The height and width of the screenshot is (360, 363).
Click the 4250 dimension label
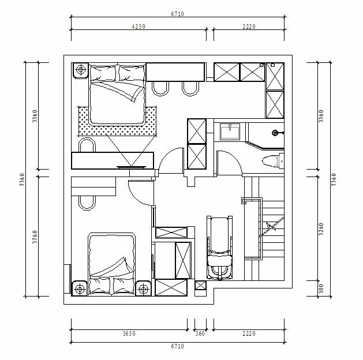coord(139,27)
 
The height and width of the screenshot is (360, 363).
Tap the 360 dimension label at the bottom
coord(200,333)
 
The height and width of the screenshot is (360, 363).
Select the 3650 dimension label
coord(129,333)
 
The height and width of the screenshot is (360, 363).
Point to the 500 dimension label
coord(321,288)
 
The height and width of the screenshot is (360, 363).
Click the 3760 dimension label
coord(35,237)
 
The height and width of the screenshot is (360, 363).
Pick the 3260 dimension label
coord(321,229)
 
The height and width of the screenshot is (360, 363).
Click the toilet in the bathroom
coord(273,161)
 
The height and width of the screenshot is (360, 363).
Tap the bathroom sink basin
coord(230,132)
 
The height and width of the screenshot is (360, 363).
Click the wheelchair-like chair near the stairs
coord(219,248)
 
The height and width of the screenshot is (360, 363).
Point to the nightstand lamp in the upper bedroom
coord(81,69)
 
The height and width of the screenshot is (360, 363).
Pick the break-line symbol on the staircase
coord(271,227)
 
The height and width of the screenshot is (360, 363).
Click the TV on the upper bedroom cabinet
coord(131,167)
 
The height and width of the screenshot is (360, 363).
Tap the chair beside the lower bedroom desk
coord(87,203)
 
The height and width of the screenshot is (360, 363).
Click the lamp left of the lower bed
coord(80,288)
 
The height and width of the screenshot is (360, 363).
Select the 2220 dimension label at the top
coord(249,27)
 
